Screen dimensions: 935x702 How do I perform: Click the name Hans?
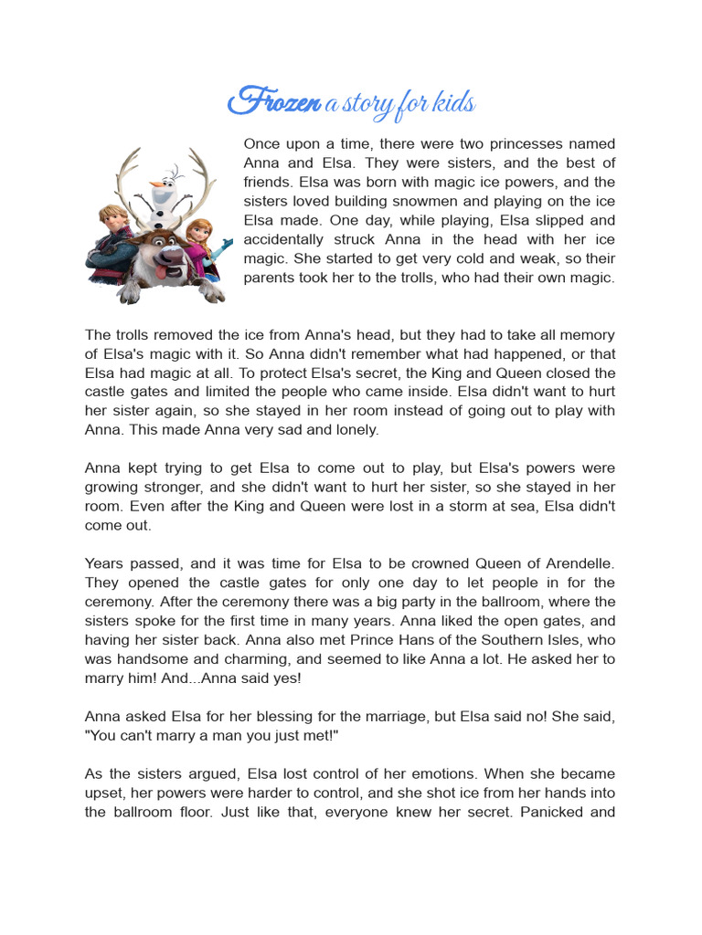coord(430,641)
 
